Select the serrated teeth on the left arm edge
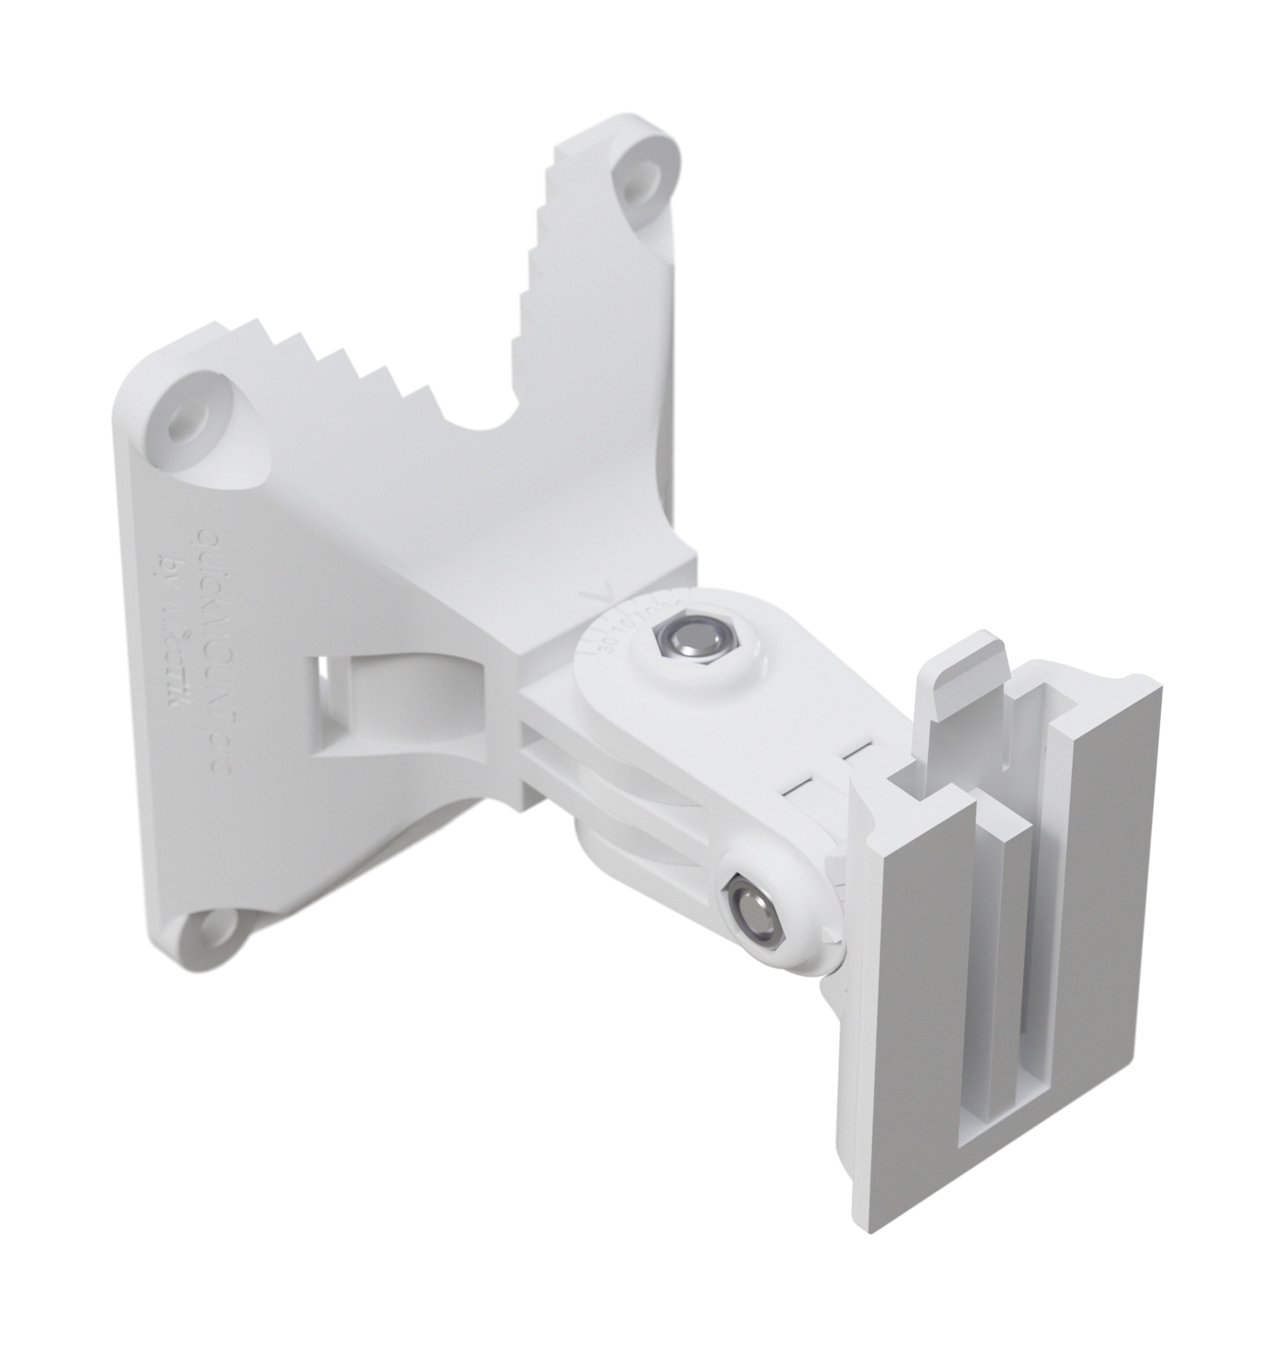click(346, 368)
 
